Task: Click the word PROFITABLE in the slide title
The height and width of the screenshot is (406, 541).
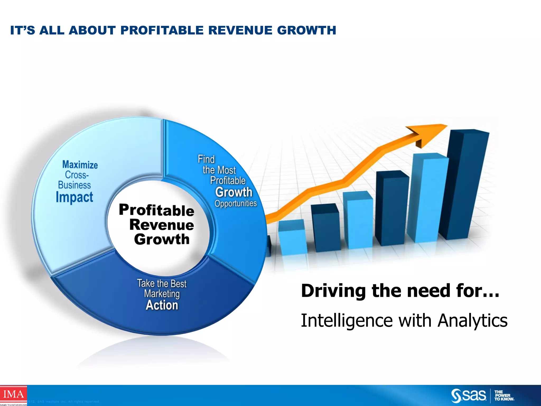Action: coord(162,30)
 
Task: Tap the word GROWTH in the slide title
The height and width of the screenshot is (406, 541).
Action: coord(306,30)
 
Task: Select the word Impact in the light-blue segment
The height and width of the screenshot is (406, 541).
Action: coord(74,197)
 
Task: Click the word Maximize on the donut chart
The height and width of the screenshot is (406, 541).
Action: coord(80,165)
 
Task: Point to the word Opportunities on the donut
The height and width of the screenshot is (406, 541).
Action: coord(235,204)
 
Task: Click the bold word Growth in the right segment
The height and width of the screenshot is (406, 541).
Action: coord(234,192)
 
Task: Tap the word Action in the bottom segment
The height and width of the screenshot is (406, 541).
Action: coord(162,305)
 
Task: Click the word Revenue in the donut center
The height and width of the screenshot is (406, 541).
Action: coord(162,225)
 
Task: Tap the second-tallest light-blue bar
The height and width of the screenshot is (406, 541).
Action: coord(428,198)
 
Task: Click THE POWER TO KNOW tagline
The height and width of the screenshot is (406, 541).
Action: coord(504,396)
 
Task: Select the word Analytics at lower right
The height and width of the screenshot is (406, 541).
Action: coord(472,320)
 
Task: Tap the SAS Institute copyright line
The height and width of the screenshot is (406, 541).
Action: coord(63,402)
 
